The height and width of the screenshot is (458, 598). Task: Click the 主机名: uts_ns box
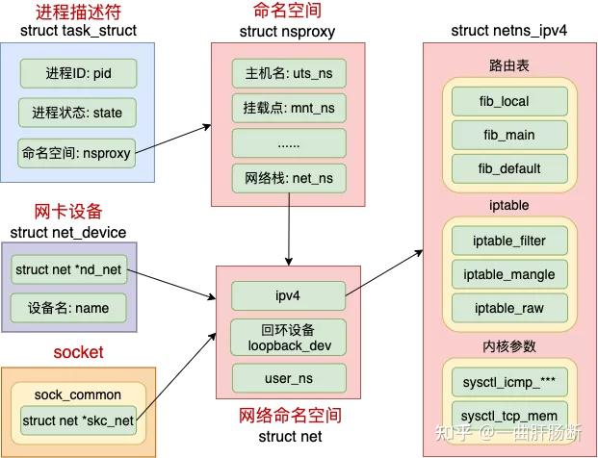287,73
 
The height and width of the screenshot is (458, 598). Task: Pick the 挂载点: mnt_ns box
287,108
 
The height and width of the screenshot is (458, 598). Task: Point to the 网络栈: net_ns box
287,178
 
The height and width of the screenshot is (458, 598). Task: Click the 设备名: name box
68,309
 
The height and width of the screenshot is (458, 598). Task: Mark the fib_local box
509,101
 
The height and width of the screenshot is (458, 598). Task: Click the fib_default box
509,168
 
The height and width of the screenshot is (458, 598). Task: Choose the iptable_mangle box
509,274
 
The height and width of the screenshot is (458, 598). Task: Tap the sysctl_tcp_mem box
509,416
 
